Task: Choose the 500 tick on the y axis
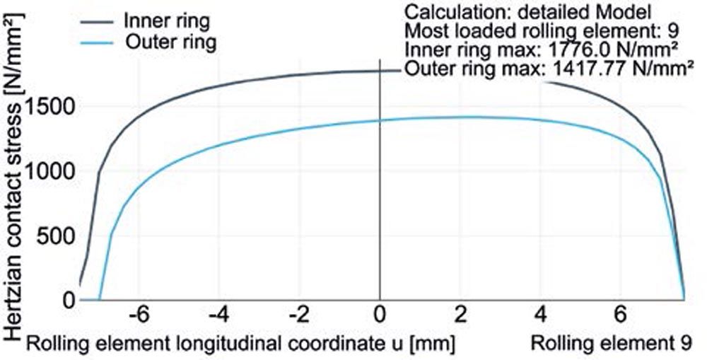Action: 60,236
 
